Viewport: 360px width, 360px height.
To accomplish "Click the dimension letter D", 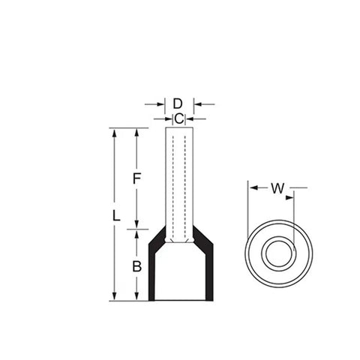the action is [x=178, y=103].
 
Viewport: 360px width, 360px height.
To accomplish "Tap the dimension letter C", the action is [x=179, y=119].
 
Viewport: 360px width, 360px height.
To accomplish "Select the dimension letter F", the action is [x=136, y=178].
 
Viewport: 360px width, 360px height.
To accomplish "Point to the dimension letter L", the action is [x=116, y=216].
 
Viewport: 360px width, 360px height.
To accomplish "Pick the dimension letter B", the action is [x=136, y=266].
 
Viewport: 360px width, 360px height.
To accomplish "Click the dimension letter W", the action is [x=277, y=188].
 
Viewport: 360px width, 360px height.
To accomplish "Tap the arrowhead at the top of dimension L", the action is [x=115, y=133].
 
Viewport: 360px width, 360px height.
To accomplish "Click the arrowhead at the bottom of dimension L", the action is [x=114, y=296].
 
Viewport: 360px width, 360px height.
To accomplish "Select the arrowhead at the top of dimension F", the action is [x=136, y=133].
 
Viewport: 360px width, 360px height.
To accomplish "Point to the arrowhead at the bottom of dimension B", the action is [x=136, y=296].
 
